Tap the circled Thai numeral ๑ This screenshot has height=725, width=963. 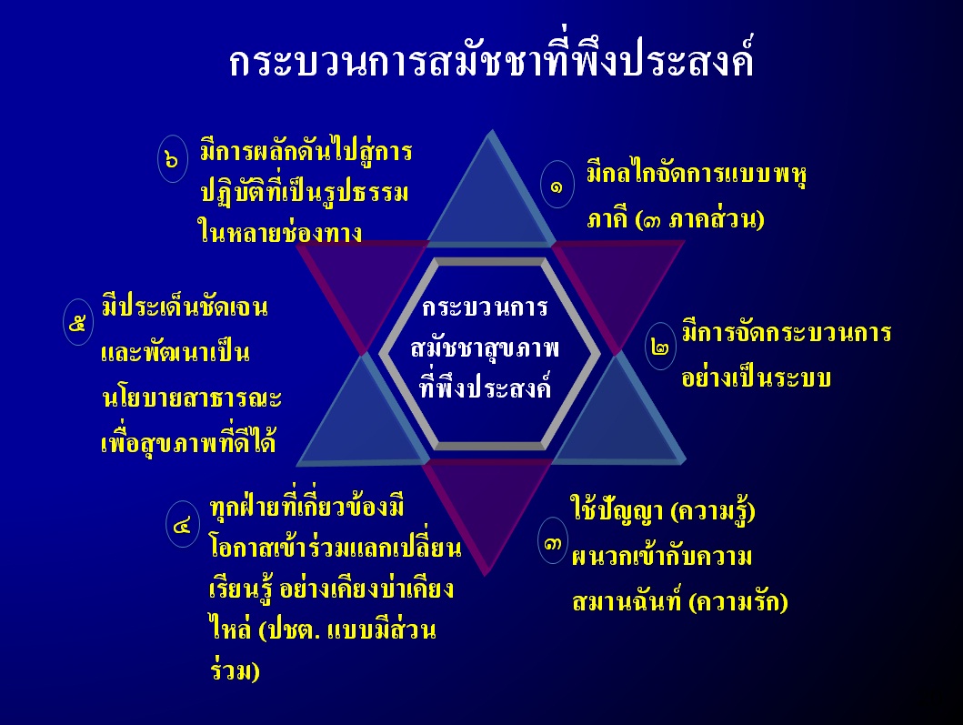[x=557, y=185]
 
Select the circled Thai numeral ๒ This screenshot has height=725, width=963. [x=660, y=347]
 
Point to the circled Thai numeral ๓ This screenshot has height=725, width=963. [x=552, y=540]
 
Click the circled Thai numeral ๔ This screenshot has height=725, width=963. [x=183, y=524]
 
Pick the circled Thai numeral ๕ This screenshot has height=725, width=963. [x=78, y=322]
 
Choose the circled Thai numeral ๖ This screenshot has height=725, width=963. [x=173, y=158]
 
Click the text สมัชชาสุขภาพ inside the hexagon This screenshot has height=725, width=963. [x=485, y=347]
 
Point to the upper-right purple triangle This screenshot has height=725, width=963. [x=617, y=283]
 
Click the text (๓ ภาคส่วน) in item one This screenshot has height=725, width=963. [x=699, y=219]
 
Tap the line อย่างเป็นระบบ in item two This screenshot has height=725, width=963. [x=756, y=376]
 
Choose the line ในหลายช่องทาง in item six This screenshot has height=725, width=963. [x=280, y=232]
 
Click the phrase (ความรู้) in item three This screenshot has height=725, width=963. [x=712, y=511]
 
